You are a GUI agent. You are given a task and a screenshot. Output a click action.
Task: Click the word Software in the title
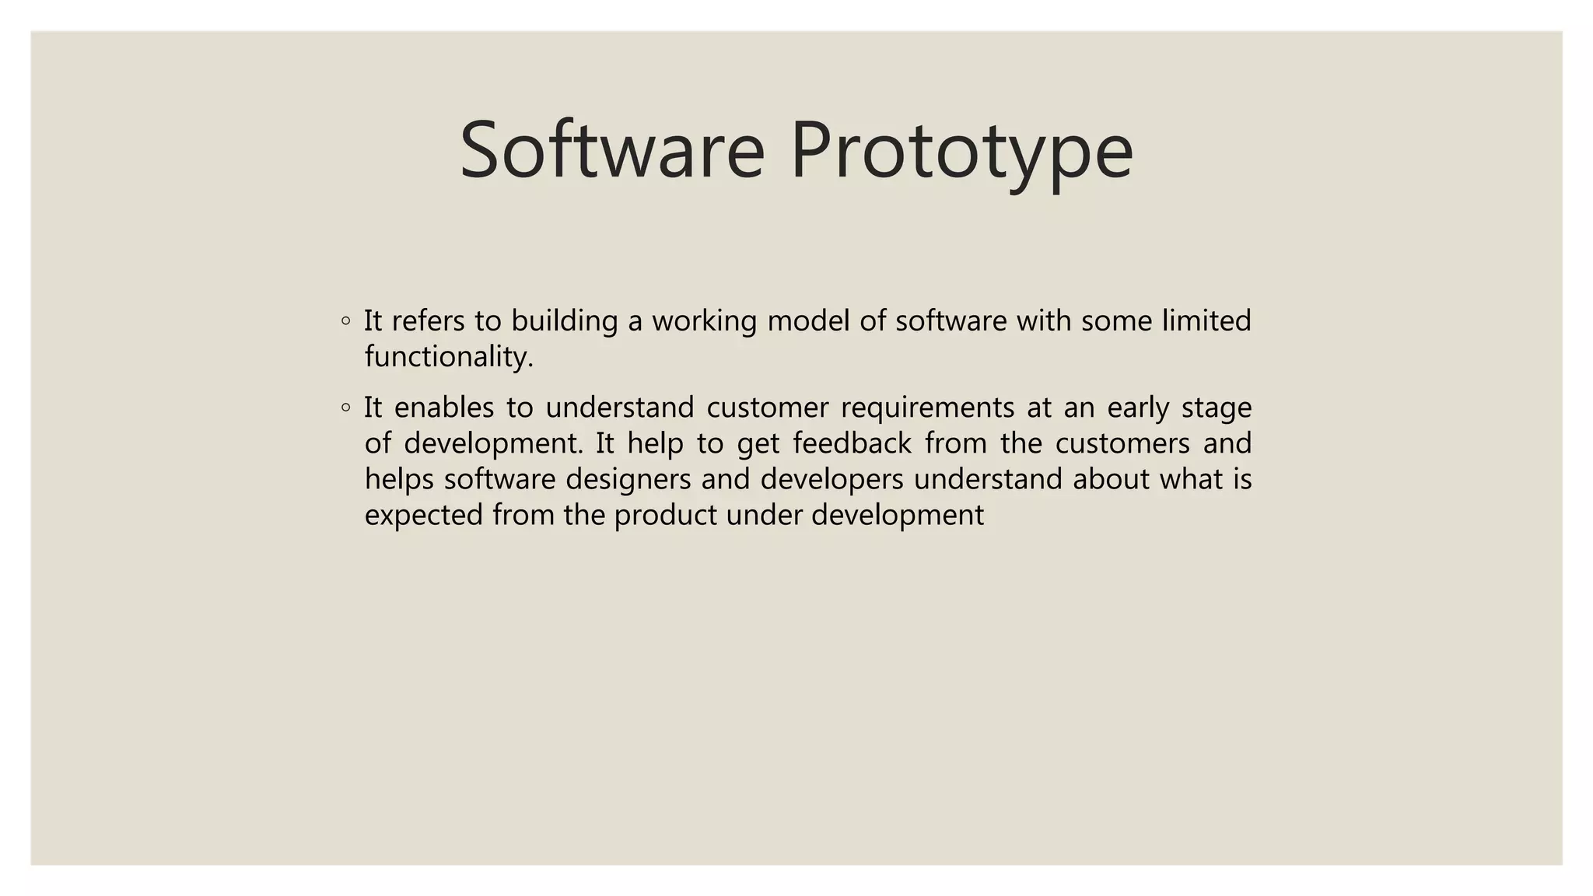point(612,149)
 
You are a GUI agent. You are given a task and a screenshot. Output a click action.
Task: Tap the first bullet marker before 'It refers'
point(345,320)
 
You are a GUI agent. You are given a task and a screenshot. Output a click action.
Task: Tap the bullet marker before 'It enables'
point(345,407)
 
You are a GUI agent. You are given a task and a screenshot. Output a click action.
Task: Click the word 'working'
point(704,320)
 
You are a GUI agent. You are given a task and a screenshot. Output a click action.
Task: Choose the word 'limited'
point(1206,320)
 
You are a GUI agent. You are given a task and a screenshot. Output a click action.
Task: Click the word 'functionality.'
point(449,356)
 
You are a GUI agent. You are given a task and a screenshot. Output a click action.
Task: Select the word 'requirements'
point(927,407)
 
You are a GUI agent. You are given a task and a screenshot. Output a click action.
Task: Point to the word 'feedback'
point(852,443)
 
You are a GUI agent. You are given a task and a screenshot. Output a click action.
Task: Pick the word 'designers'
point(628,479)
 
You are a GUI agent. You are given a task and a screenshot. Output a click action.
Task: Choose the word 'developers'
point(832,479)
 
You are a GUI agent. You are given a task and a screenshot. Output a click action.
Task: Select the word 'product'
point(665,515)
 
